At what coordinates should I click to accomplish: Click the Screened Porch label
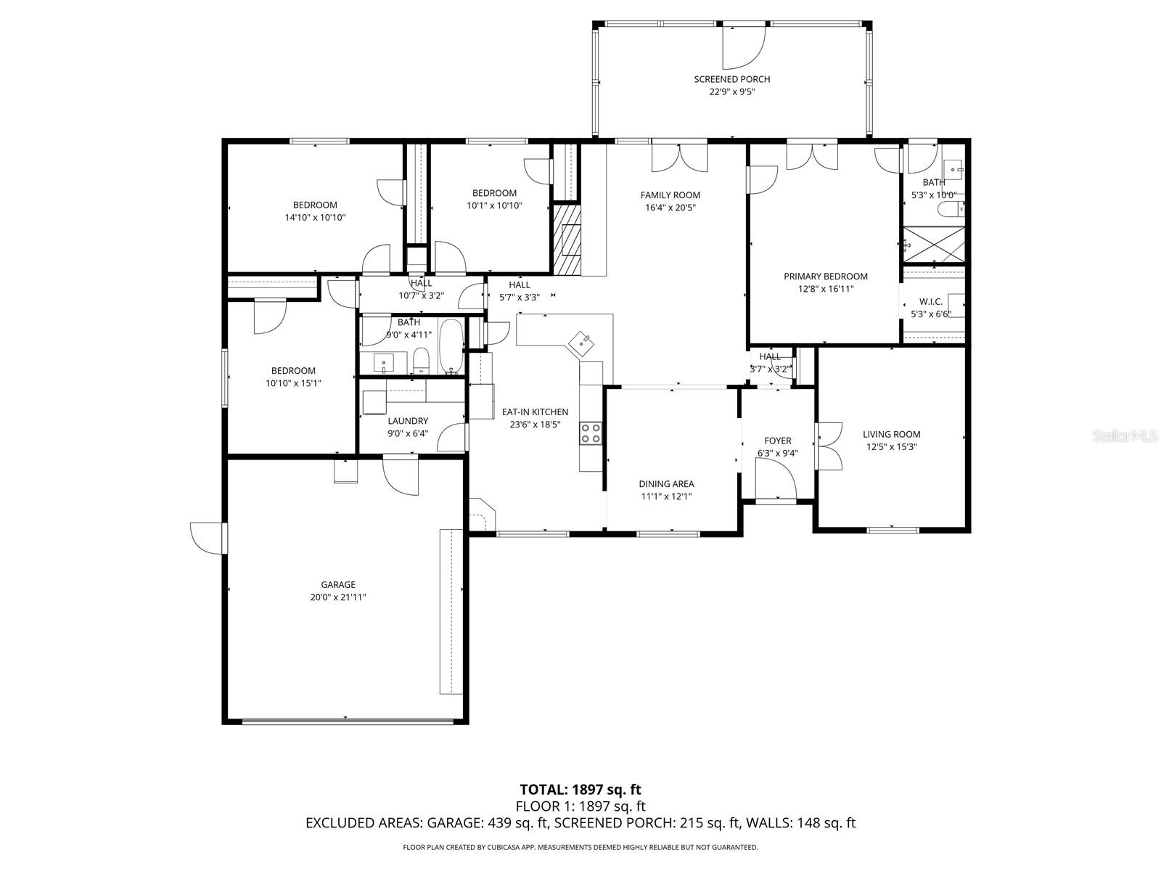pyautogui.click(x=731, y=79)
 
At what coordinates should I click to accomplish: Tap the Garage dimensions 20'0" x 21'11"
pyautogui.click(x=338, y=597)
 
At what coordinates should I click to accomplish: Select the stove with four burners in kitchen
pyautogui.click(x=590, y=433)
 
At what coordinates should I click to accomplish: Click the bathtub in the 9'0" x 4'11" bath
pyautogui.click(x=451, y=347)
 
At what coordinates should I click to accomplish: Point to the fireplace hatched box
pyautogui.click(x=567, y=239)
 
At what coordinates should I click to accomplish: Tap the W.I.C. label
pyautogui.click(x=931, y=301)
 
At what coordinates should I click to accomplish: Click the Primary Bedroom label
pyautogui.click(x=826, y=276)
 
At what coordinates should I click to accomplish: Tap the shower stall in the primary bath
pyautogui.click(x=934, y=245)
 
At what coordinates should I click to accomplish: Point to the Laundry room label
pyautogui.click(x=408, y=421)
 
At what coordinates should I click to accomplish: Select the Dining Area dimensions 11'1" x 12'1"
pyautogui.click(x=666, y=496)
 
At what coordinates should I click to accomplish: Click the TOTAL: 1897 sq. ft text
pyautogui.click(x=580, y=790)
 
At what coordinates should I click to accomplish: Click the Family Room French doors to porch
pyautogui.click(x=679, y=158)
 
